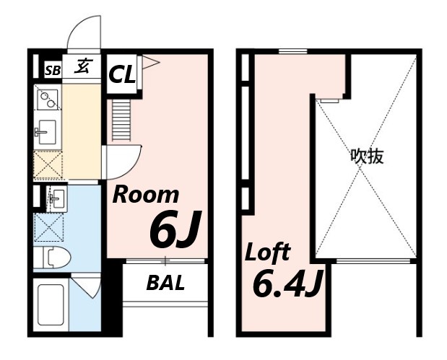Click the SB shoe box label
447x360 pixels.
[53, 71]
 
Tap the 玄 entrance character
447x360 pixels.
[82, 66]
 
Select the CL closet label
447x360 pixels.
[122, 74]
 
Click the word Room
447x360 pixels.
[146, 195]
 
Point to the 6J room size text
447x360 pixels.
[175, 229]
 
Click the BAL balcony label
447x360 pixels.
[165, 283]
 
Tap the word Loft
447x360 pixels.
[268, 252]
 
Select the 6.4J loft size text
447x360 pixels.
[288, 283]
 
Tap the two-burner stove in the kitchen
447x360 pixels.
[48, 100]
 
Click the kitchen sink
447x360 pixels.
[46, 132]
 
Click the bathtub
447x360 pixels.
[51, 304]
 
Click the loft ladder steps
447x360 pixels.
[121, 120]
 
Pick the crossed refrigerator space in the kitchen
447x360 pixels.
[48, 164]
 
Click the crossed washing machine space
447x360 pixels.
[48, 227]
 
